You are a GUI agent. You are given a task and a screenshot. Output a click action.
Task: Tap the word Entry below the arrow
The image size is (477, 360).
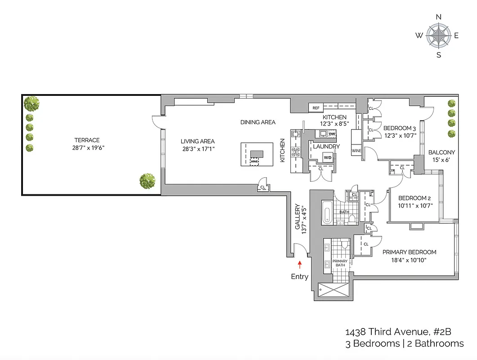click(299, 276)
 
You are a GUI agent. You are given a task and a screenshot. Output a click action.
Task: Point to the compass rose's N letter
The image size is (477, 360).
click(439, 17)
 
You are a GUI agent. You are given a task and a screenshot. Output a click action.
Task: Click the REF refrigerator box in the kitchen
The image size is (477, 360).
click(316, 108)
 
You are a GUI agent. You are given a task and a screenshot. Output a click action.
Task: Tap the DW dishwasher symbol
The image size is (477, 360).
click(332, 134)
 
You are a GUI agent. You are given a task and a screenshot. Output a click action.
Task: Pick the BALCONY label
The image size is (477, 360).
click(441, 153)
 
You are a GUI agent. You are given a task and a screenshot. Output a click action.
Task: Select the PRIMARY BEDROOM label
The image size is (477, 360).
click(409, 252)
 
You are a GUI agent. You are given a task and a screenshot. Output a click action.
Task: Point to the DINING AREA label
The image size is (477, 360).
click(258, 122)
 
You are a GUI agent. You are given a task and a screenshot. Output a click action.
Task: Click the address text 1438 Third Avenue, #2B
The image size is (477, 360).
click(398, 332)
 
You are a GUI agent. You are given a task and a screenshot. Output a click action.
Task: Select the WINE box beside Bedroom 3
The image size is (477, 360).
click(357, 150)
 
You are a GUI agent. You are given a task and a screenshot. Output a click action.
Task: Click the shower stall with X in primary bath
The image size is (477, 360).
click(333, 291)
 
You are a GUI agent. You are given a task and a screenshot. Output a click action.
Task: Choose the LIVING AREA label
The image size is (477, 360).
click(197, 141)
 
